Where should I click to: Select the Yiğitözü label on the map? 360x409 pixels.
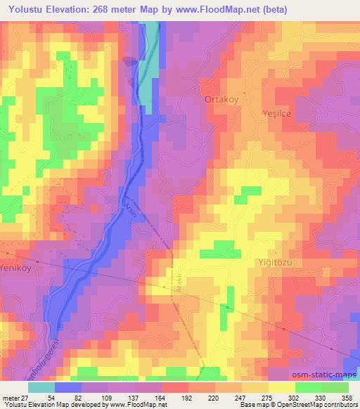pyautogui.click(x=271, y=261)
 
